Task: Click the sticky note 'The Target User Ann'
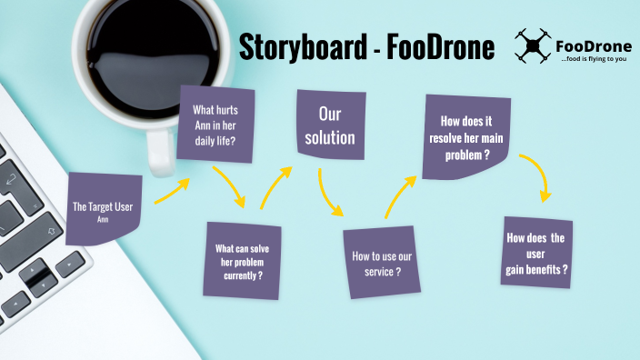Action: (103, 210)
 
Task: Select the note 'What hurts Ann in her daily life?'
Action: (215, 125)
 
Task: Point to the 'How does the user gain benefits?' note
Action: (536, 254)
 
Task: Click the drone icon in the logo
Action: (533, 45)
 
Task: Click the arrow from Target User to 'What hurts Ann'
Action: (172, 191)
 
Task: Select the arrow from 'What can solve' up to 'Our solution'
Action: (275, 185)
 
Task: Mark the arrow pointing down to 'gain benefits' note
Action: (537, 177)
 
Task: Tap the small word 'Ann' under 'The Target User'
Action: (103, 219)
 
